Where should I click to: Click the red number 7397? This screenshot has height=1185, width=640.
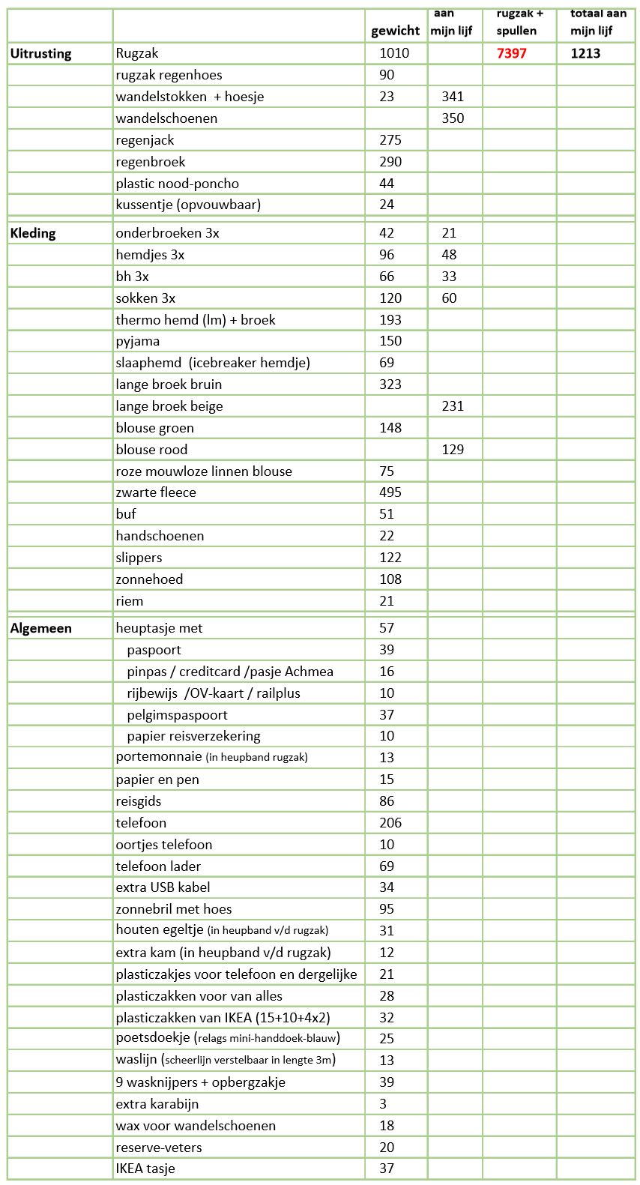511,53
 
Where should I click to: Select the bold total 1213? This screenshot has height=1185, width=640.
585,53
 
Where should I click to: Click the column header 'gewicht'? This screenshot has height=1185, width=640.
395,31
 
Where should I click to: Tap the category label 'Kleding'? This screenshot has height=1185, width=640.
33,233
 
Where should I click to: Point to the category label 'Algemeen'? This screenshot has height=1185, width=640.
40,628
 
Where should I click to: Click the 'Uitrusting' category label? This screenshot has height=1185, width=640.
40,53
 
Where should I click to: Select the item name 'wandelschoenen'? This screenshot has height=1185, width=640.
166,118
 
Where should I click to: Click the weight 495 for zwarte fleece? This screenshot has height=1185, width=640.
390,492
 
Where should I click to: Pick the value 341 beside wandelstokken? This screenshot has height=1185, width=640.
453,97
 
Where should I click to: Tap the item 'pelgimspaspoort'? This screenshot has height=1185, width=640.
177,715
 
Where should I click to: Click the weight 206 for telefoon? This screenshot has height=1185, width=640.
390,823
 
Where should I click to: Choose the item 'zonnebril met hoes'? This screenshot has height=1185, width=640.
174,909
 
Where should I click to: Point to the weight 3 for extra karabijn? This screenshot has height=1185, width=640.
383,1104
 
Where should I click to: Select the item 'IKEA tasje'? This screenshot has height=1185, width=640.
145,1169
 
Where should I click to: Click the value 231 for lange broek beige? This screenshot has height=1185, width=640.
453,406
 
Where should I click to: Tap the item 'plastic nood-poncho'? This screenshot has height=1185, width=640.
177,184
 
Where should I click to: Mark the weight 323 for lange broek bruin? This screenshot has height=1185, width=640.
390,385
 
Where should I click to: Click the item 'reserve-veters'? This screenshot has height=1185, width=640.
159,1148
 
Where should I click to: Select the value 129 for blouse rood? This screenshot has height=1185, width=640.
453,450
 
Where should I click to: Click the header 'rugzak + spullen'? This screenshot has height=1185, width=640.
519,22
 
